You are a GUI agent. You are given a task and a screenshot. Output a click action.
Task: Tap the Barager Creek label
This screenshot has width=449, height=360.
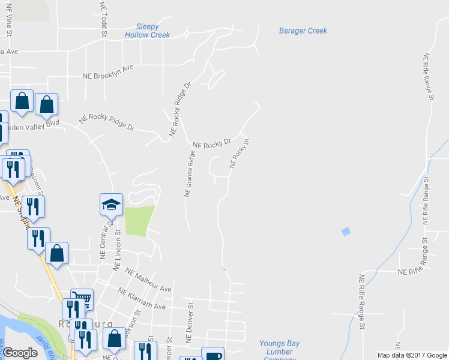tap(303, 31)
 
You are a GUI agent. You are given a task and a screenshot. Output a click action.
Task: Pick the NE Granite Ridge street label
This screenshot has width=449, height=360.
tap(190, 173)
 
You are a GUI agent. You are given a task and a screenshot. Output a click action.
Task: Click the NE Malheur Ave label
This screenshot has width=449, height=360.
tap(149, 280)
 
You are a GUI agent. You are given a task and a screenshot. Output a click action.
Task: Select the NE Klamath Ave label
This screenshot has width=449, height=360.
tap(142, 299)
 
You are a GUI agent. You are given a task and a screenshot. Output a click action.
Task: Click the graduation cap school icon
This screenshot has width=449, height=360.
tap(111, 205)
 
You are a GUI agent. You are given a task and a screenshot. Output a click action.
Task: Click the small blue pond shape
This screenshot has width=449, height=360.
tap(345, 231)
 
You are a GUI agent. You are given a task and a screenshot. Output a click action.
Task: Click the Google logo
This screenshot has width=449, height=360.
tap(20, 353)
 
